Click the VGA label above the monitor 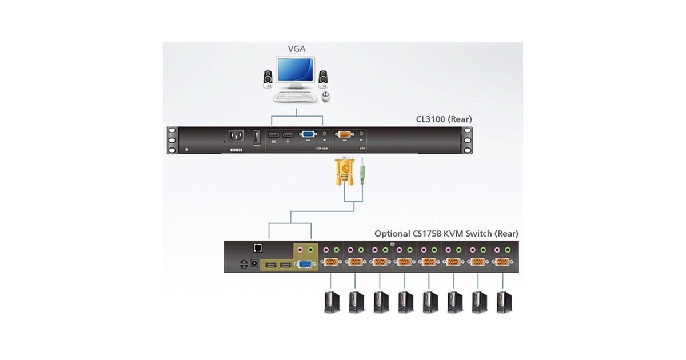[x=296, y=49]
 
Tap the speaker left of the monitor [x=268, y=79]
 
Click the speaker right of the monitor [x=323, y=78]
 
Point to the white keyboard [x=295, y=97]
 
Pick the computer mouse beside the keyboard [x=326, y=96]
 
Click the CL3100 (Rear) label [x=444, y=119]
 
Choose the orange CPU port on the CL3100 [x=345, y=135]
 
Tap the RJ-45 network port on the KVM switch [x=258, y=248]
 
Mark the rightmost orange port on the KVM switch [x=504, y=262]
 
